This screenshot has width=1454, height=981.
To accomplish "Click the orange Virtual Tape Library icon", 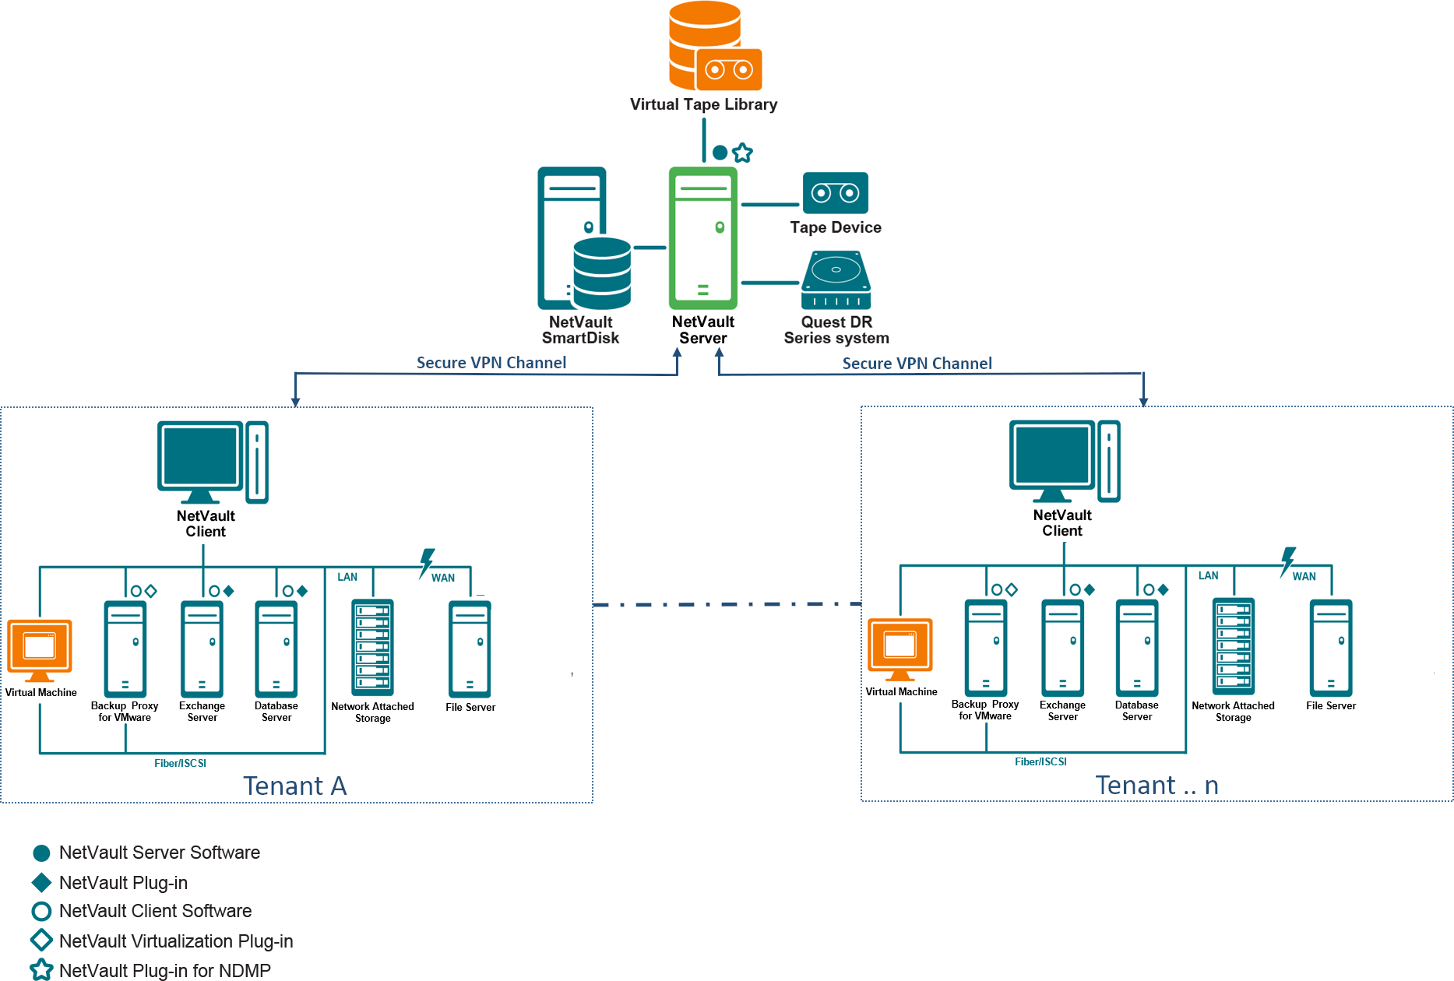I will pyautogui.click(x=713, y=47).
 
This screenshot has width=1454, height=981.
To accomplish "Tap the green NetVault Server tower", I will pyautogui.click(x=702, y=238).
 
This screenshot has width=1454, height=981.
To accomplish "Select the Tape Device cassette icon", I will pyautogui.click(x=835, y=192).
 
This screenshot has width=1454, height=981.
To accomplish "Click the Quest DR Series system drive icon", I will pyautogui.click(x=836, y=280).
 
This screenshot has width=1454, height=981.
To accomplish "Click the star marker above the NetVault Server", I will pyautogui.click(x=743, y=153).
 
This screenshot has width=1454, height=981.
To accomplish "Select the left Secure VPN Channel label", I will pyautogui.click(x=491, y=363).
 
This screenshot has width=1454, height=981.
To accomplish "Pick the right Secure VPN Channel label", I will pyautogui.click(x=917, y=364).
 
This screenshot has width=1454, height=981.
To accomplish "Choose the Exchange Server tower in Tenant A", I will pyautogui.click(x=202, y=649).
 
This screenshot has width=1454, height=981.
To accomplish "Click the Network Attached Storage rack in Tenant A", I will pyautogui.click(x=372, y=647).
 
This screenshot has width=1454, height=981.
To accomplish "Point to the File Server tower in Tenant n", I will pyautogui.click(x=1330, y=648).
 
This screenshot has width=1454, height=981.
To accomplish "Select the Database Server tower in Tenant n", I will pyautogui.click(x=1136, y=648).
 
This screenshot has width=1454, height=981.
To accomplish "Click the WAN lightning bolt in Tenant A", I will pyautogui.click(x=427, y=562).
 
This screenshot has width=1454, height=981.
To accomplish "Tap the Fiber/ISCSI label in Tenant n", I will pyautogui.click(x=1040, y=761).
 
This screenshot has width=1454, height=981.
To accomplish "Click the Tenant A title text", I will pyautogui.click(x=294, y=786).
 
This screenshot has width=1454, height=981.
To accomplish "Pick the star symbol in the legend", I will pyautogui.click(x=41, y=970).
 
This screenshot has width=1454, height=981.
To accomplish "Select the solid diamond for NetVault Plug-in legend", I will pyautogui.click(x=41, y=882).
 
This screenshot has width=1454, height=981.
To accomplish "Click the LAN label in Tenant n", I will pyautogui.click(x=1208, y=575).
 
